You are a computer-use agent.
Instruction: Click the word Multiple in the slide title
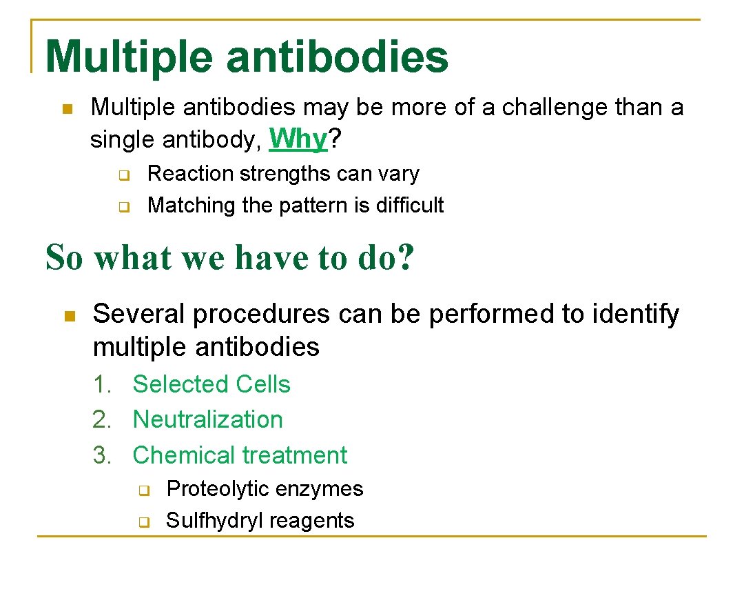129,57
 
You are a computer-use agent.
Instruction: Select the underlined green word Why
298,139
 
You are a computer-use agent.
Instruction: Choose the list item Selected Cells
211,384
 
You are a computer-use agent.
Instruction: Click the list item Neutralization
207,419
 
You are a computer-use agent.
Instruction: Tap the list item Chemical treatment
240,455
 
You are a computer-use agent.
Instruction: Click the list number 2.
102,419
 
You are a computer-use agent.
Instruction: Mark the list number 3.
102,455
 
